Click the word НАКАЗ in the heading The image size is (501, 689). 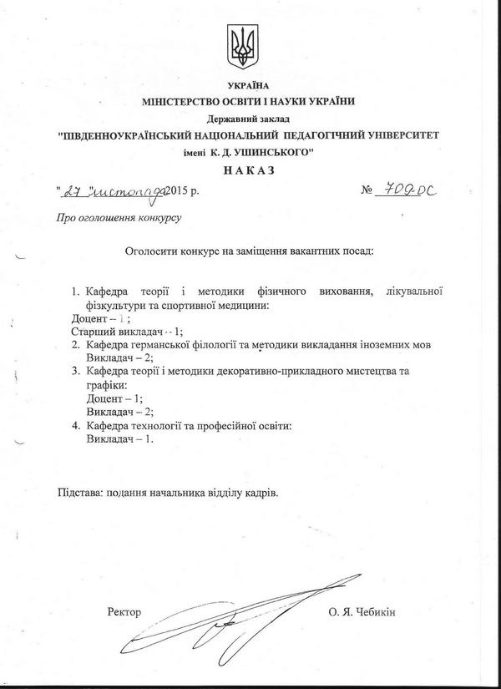click(250, 171)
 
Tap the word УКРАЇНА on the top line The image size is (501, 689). click(249, 87)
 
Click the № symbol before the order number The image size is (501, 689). click(367, 192)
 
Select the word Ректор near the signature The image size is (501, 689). click(125, 612)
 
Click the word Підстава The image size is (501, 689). click(82, 493)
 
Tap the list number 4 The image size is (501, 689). click(74, 427)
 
